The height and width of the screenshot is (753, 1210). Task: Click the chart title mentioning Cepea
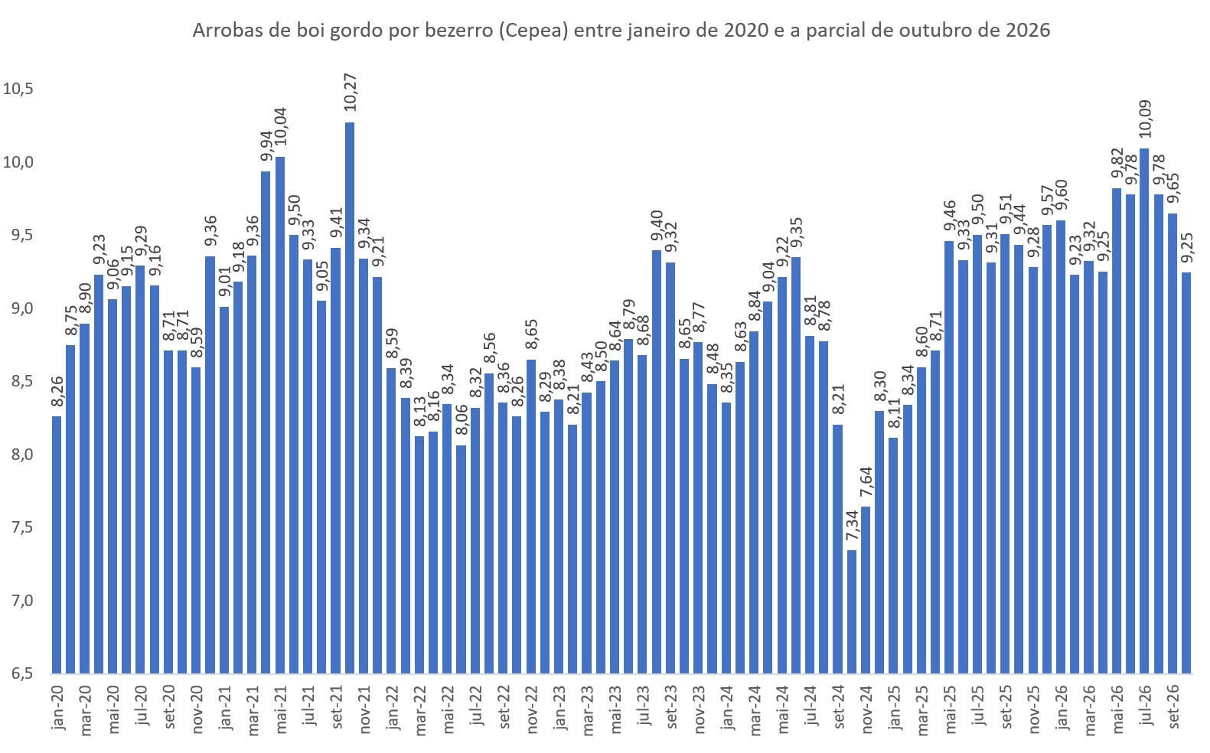pyautogui.click(x=621, y=31)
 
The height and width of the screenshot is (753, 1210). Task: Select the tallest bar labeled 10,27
pyautogui.click(x=350, y=398)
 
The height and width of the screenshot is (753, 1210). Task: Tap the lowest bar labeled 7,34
pyautogui.click(x=852, y=611)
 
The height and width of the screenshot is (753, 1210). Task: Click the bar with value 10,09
pyautogui.click(x=1144, y=410)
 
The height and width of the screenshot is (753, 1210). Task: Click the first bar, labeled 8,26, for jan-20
pyautogui.click(x=57, y=545)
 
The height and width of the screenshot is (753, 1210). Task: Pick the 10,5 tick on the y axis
pyautogui.click(x=18, y=89)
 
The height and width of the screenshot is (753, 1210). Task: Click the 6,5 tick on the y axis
pyautogui.click(x=18, y=673)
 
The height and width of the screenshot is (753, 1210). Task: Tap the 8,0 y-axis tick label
pyautogui.click(x=18, y=455)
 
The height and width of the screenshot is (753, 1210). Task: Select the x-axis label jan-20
pyautogui.click(x=57, y=708)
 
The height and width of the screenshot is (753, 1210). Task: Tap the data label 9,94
pyautogui.click(x=266, y=146)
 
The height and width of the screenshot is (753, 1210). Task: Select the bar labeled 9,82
pyautogui.click(x=1117, y=431)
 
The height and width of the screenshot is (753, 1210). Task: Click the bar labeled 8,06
pyautogui.click(x=461, y=559)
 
